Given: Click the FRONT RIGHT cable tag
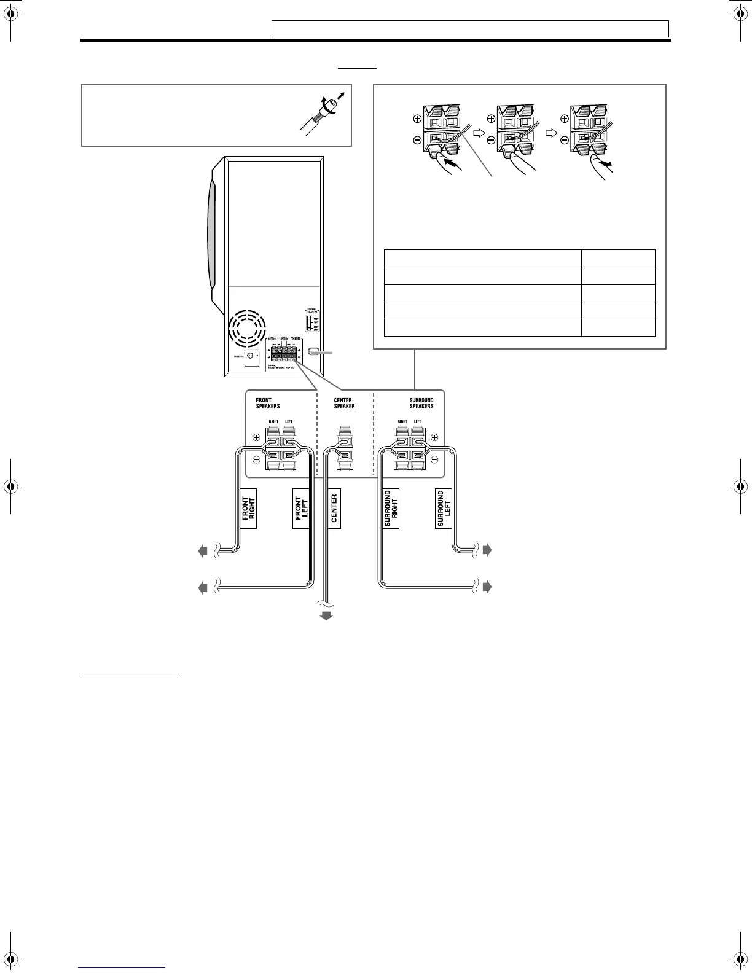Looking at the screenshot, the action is (x=248, y=509).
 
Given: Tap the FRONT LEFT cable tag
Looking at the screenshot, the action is (x=301, y=509).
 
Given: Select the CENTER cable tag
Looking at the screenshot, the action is (x=334, y=509).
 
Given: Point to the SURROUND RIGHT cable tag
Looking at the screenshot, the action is (x=391, y=509).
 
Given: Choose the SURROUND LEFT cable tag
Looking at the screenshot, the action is (x=444, y=509).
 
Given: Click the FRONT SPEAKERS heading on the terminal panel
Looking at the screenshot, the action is (x=268, y=403).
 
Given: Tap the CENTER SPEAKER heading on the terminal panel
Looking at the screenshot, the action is (x=344, y=403).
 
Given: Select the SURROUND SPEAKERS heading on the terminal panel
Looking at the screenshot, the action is (x=421, y=403).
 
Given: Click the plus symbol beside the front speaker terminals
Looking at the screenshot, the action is (x=256, y=438).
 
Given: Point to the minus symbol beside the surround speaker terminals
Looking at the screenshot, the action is (x=434, y=459).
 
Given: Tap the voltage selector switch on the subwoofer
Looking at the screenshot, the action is (x=309, y=322).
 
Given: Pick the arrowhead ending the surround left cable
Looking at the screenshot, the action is (x=487, y=550).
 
